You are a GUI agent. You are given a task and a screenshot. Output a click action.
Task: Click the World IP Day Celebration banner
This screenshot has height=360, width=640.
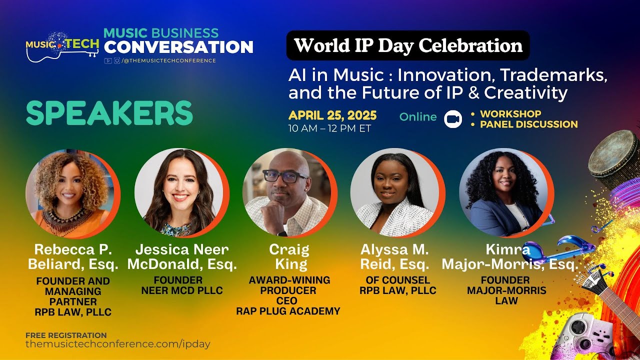pos(407,45)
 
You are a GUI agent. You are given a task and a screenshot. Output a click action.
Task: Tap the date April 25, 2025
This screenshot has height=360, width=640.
pos(332,116)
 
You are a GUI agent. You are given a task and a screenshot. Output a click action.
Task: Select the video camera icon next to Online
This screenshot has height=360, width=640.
pos(453,118)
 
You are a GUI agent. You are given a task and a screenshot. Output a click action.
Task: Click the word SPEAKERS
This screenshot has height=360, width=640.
pos(109,113)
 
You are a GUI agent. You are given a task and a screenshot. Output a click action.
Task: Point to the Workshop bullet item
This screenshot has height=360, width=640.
pos(510,114)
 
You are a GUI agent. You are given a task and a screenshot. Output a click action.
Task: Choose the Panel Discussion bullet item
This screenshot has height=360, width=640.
pos(528,124)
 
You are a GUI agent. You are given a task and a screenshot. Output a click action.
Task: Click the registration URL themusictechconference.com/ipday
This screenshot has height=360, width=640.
pos(118,344)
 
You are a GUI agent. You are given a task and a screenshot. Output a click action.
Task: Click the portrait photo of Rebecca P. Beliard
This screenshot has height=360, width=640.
pos(70,193)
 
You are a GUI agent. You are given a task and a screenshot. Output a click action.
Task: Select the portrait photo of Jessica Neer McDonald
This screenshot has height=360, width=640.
pos(179,193)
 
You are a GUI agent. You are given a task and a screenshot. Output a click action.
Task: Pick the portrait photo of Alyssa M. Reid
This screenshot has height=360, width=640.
pos(394,193)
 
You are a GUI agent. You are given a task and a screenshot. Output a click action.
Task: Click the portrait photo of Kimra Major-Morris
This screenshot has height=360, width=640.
pos(503,193)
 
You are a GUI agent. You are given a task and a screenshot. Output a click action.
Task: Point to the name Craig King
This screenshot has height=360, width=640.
pos(289,256)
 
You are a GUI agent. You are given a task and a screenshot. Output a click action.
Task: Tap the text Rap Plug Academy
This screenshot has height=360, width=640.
pos(288,311)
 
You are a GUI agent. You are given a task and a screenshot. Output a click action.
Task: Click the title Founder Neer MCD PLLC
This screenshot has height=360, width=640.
pos(181,285)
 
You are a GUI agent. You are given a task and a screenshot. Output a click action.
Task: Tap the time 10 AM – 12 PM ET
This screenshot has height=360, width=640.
pos(329,128)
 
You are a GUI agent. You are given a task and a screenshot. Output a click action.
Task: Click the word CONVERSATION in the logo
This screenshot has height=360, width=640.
pos(178,47)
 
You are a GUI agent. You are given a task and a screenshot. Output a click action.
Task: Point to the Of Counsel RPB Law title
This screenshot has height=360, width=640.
pos(397,285)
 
